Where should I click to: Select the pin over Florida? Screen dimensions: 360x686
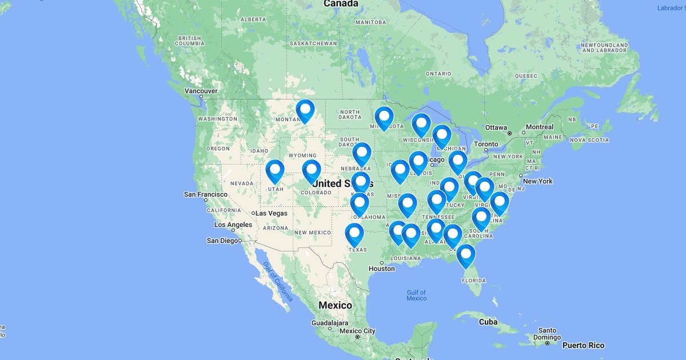[x=466, y=254]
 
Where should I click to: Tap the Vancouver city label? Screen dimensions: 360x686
[x=201, y=91]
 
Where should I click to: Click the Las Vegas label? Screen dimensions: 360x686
[x=272, y=213]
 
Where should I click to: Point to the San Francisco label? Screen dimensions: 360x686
[x=206, y=194]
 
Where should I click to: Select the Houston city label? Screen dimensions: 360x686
[x=381, y=269]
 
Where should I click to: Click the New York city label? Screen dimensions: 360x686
[x=538, y=181]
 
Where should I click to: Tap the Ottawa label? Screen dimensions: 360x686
[x=496, y=127]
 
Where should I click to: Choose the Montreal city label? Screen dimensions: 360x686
[x=540, y=127]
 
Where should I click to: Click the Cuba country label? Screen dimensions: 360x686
[x=488, y=322]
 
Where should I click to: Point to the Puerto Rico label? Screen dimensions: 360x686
[x=583, y=345]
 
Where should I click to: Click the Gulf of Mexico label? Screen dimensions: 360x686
[x=417, y=295]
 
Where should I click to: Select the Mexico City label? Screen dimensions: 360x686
[x=357, y=331]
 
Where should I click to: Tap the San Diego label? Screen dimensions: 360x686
[x=222, y=241]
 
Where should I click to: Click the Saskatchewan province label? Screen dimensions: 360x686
[x=313, y=43]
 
